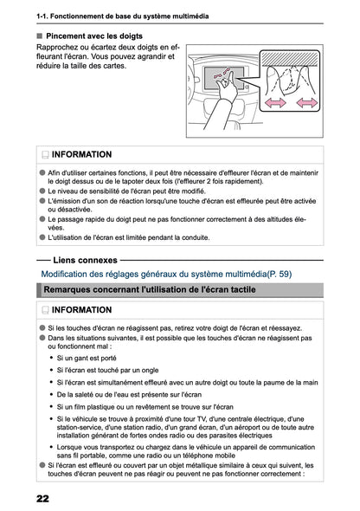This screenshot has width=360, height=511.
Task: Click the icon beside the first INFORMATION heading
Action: (x=44, y=154)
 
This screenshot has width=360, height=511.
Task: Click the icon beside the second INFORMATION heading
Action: (x=44, y=309)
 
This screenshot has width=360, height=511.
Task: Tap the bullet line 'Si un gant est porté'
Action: (x=87, y=357)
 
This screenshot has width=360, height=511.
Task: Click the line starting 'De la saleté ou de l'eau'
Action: (x=117, y=394)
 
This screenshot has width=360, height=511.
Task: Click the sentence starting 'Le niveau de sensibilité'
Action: (x=134, y=190)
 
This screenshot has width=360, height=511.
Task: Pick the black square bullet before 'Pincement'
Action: (x=40, y=36)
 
